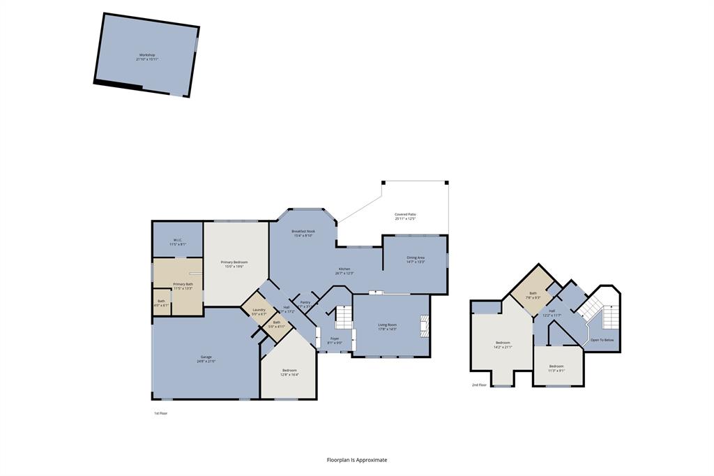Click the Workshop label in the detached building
point(146,55)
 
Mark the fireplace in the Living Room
point(424,326)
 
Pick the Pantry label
point(305,302)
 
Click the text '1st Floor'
point(160,413)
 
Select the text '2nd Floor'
point(479,385)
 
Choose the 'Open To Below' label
point(602,340)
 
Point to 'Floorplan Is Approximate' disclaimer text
point(357,460)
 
